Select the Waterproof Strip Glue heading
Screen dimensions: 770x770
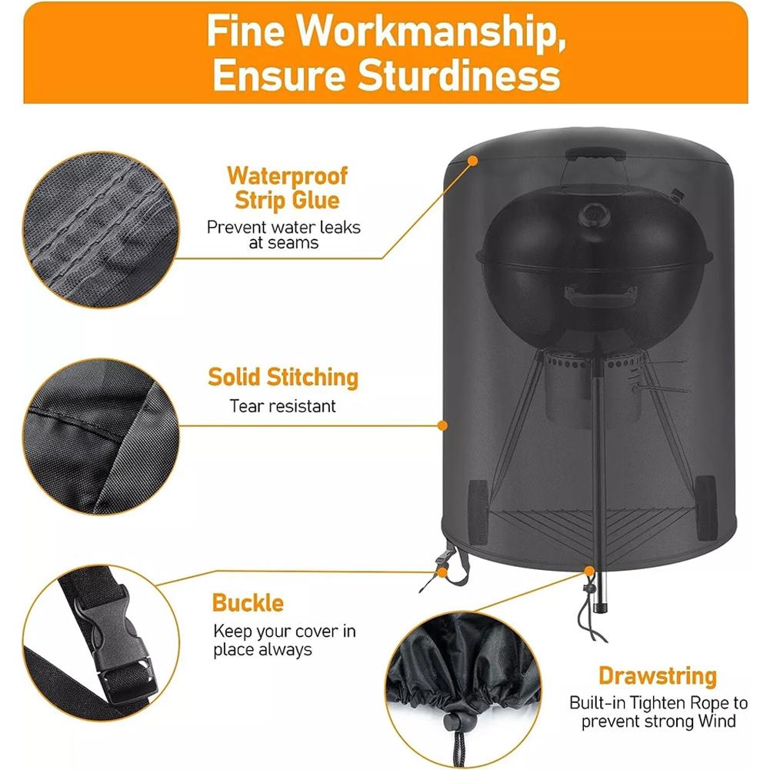pyautogui.click(x=287, y=188)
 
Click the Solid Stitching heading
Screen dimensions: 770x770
pyautogui.click(x=283, y=378)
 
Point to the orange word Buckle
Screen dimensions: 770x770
pyautogui.click(x=248, y=602)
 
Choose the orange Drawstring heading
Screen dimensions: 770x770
pyautogui.click(x=658, y=677)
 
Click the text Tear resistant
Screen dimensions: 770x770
pyautogui.click(x=283, y=405)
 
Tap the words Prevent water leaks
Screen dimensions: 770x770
pyautogui.click(x=283, y=227)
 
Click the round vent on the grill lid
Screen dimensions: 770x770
pyautogui.click(x=593, y=213)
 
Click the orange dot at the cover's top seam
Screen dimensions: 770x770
pyautogui.click(x=473, y=160)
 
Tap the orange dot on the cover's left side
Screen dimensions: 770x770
pyautogui.click(x=442, y=425)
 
